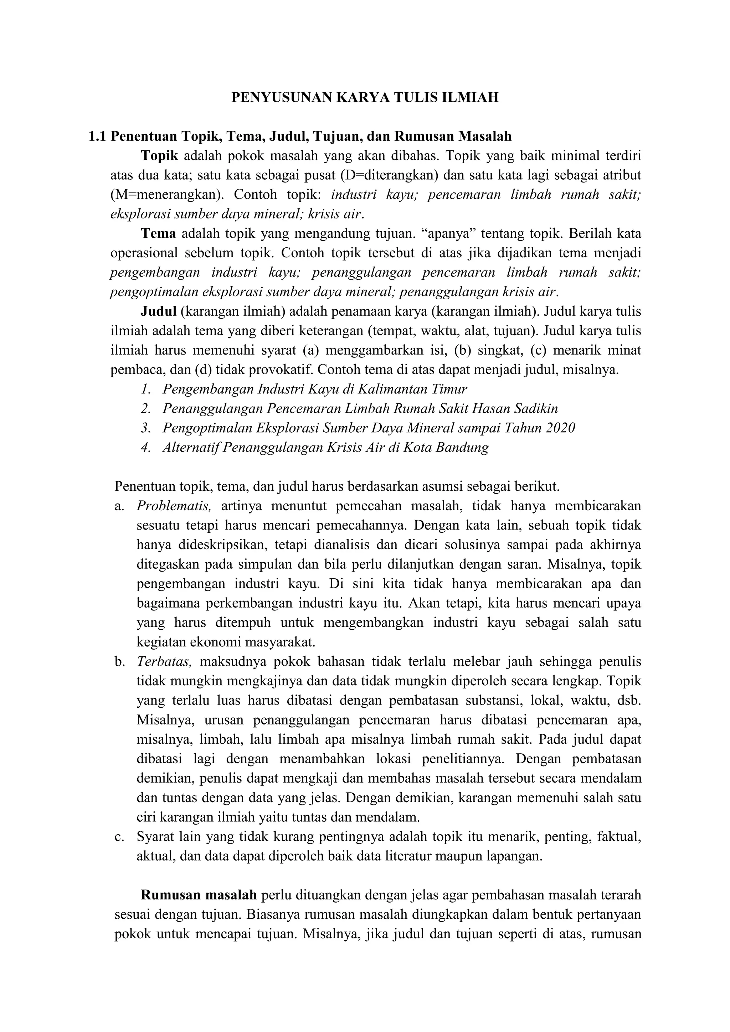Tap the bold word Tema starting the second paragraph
click(158, 233)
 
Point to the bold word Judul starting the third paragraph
click(158, 311)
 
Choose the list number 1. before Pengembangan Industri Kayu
click(146, 389)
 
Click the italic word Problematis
click(174, 506)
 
